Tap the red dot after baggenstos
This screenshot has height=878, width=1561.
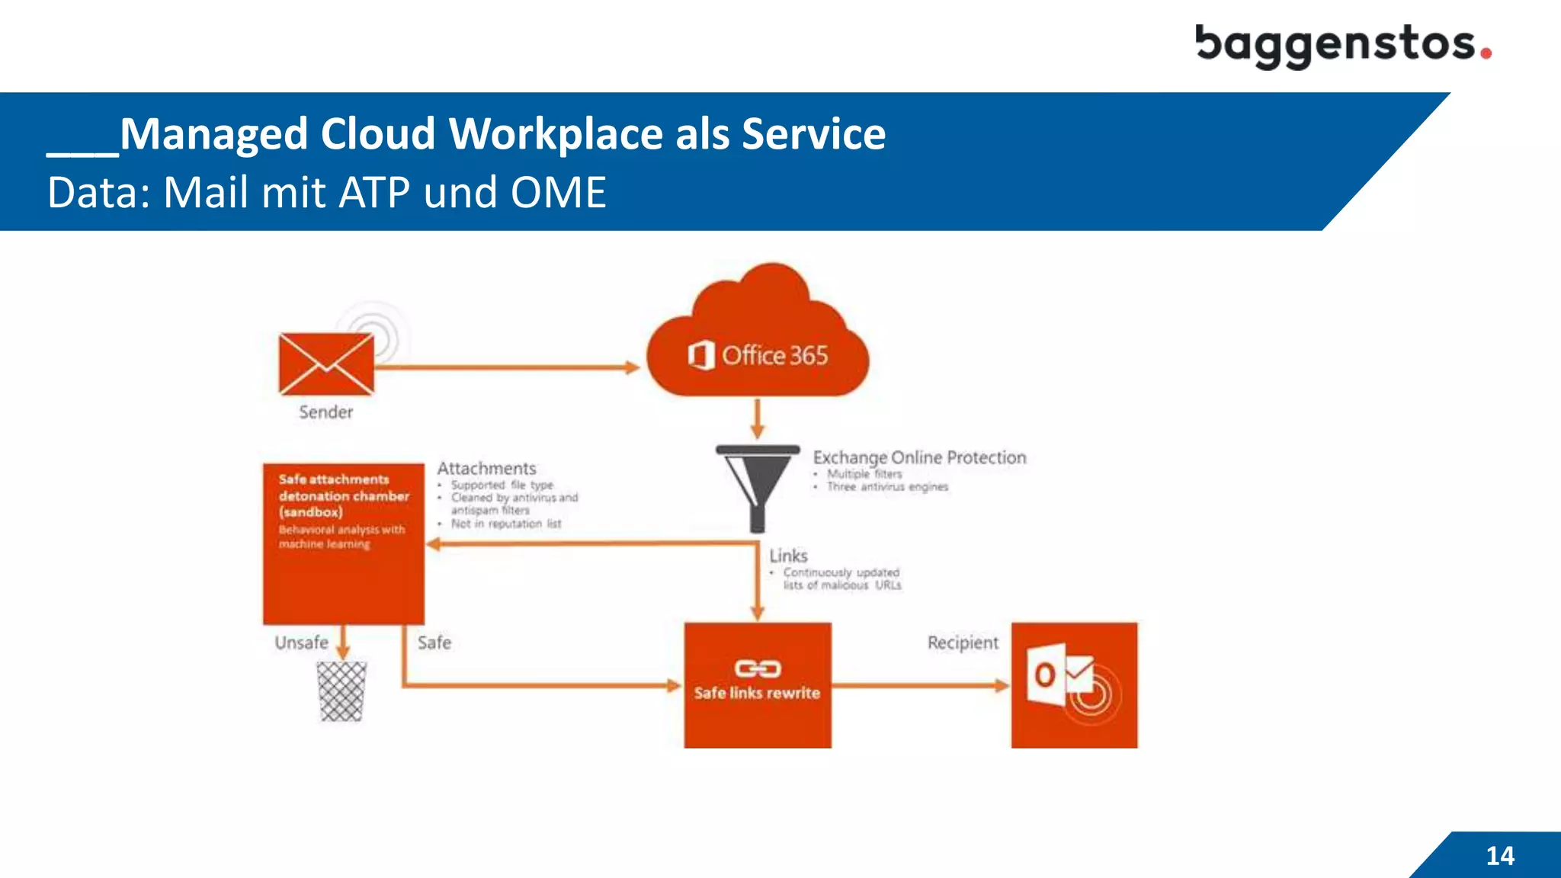tap(1486, 53)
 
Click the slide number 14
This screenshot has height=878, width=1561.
tap(1500, 855)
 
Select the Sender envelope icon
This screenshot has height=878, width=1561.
tap(326, 364)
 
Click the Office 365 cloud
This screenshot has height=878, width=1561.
tap(758, 343)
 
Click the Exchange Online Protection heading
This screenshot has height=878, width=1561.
tap(919, 457)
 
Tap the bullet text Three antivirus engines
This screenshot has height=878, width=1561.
tap(887, 487)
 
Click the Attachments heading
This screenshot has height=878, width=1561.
tap(486, 468)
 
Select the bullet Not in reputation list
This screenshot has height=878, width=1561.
tap(505, 524)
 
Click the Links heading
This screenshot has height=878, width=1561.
tap(788, 556)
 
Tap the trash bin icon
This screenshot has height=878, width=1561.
tap(341, 691)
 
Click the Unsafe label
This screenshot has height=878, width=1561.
tap(301, 642)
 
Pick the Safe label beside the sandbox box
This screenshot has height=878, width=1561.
tap(434, 642)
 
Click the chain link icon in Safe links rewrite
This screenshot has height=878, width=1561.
tap(757, 668)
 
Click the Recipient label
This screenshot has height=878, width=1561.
tap(963, 642)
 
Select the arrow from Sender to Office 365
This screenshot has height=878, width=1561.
tap(507, 367)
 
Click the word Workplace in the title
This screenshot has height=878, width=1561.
tap(556, 134)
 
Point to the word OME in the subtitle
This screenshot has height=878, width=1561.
tap(558, 192)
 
